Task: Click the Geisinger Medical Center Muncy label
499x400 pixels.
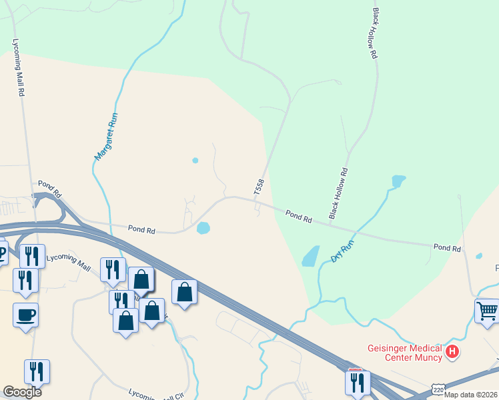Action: pos(404,353)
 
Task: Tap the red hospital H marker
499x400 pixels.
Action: pos(453,351)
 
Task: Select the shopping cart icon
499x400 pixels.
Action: pos(488,311)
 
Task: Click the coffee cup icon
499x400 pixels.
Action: pos(25,315)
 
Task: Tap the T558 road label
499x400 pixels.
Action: pos(259,187)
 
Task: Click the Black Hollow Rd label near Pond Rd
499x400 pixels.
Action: pos(338,193)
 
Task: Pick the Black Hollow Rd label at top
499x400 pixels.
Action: pos(375,34)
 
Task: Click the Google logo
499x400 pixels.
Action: pos(22,391)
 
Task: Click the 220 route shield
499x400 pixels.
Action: pos(438,389)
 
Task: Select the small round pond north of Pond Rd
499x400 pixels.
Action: pos(195,160)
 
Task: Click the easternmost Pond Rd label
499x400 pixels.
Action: pos(447,247)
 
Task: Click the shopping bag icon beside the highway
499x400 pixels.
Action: pos(185,291)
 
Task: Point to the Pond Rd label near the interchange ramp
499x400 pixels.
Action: pos(49,189)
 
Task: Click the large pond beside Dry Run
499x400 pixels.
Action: pos(310,256)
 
